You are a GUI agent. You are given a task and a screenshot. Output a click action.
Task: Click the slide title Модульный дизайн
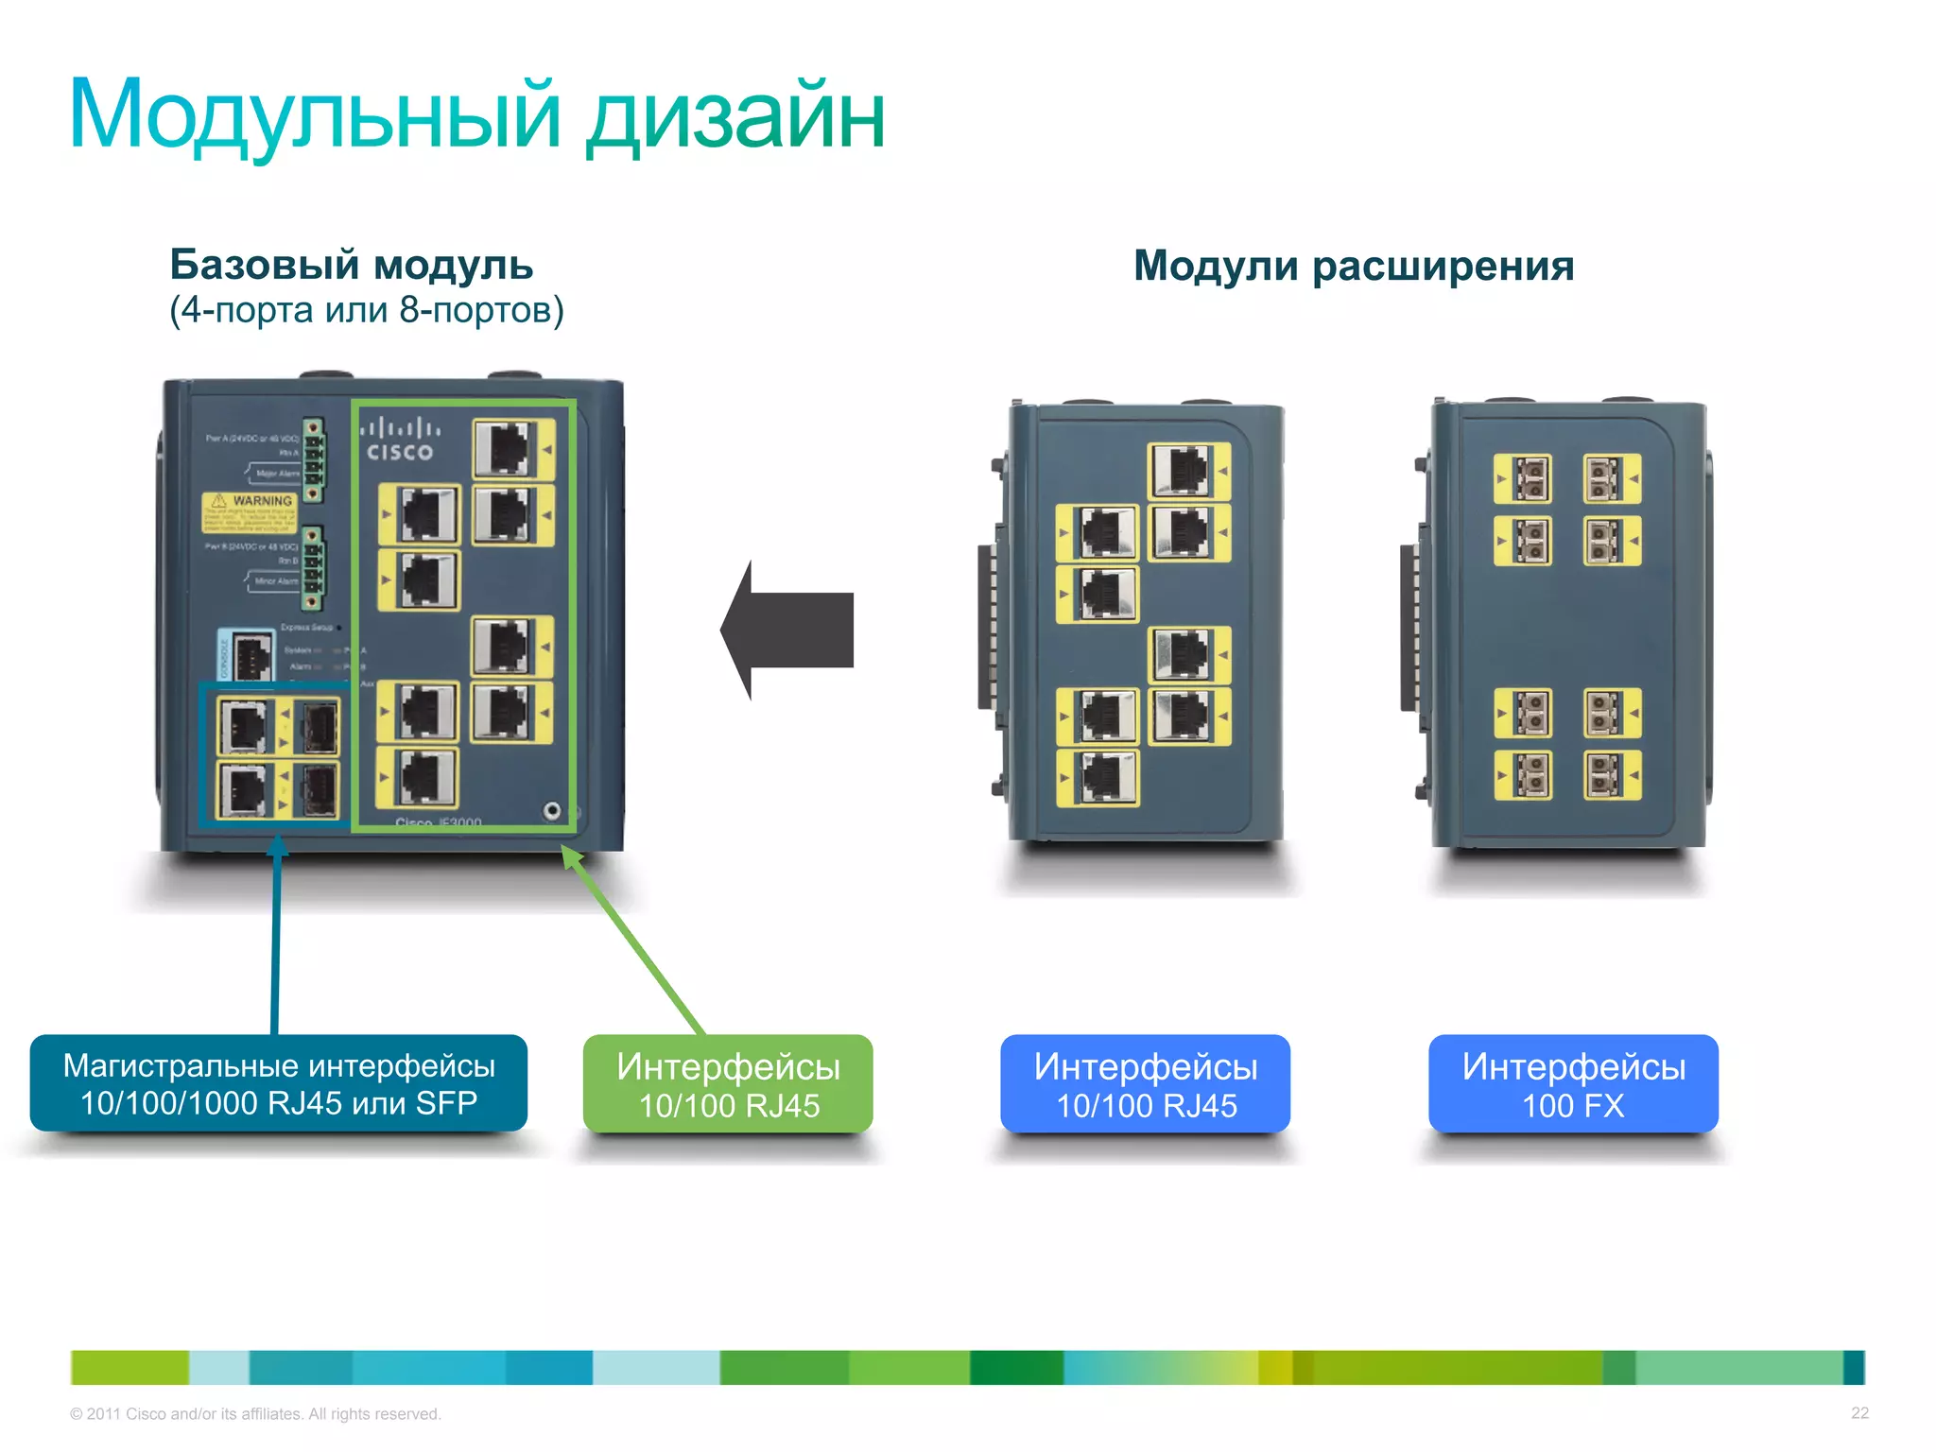point(476,115)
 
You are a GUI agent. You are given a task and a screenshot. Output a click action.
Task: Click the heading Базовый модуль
point(351,265)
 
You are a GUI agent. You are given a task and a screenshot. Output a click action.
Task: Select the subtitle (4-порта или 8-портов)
point(366,310)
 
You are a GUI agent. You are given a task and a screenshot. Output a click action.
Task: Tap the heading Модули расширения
point(1353,266)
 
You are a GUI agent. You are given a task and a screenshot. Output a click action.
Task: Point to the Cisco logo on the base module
point(400,441)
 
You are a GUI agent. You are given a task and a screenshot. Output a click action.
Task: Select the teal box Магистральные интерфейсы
point(278,1083)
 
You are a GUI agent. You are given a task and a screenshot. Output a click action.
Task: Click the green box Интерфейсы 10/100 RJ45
point(728,1084)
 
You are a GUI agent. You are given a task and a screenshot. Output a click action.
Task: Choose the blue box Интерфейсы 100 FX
point(1573,1084)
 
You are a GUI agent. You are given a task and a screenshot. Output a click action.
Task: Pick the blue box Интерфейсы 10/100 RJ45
point(1145,1084)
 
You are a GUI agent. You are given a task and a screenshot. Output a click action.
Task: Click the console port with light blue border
point(249,654)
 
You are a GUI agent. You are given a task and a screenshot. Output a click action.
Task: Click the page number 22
point(1858,1413)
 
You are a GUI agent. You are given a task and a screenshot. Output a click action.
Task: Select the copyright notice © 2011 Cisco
point(255,1414)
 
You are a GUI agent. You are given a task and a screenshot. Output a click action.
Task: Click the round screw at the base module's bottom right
point(552,811)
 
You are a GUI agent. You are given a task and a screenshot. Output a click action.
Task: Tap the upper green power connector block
point(313,460)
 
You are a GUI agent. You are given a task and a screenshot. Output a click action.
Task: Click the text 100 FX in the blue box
point(1573,1106)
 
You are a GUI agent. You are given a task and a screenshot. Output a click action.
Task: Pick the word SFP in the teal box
point(446,1103)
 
